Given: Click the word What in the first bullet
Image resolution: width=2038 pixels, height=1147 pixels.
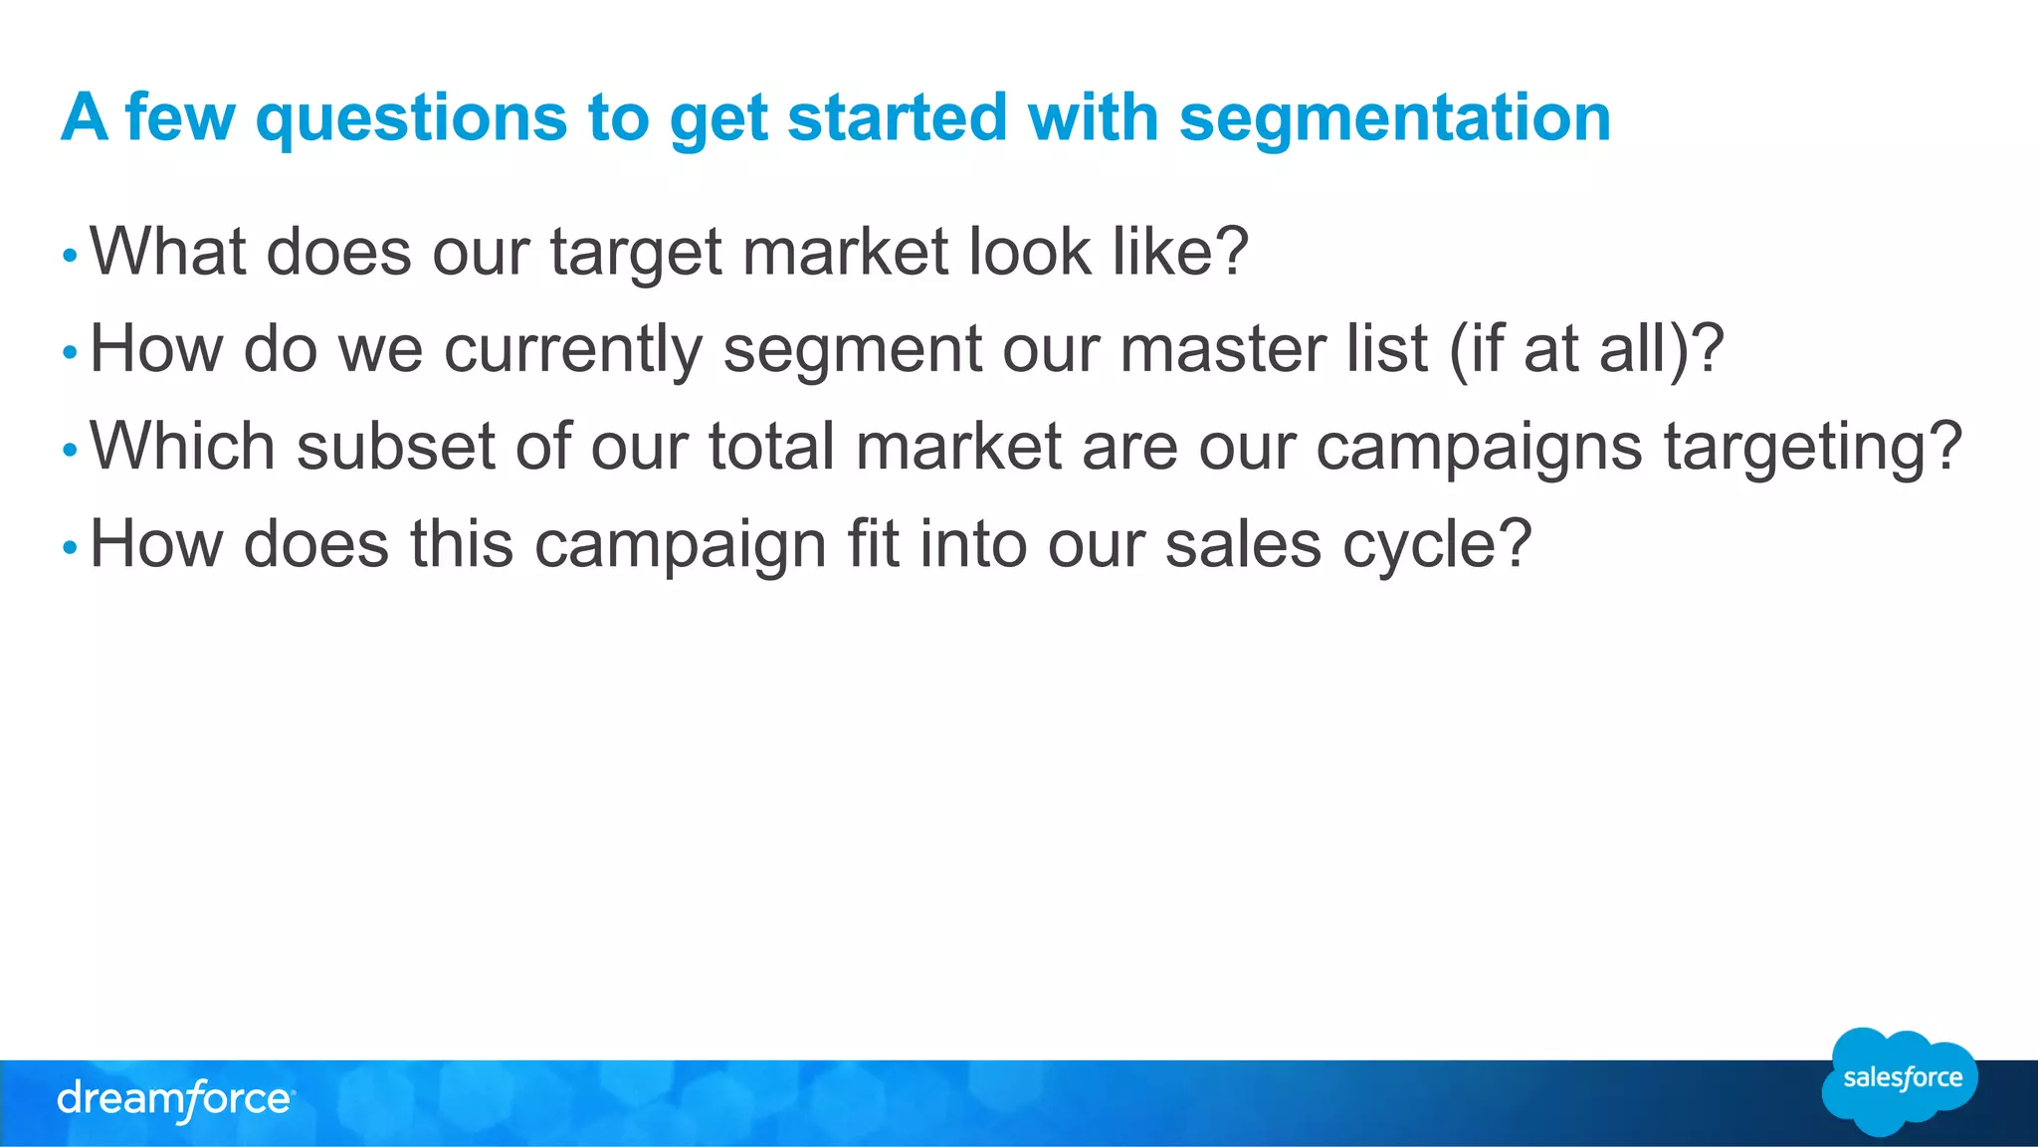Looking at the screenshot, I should click(x=168, y=251).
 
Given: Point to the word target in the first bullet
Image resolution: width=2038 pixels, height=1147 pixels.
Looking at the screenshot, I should click(x=636, y=253).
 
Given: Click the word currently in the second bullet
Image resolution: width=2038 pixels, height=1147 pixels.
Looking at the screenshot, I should click(x=572, y=350).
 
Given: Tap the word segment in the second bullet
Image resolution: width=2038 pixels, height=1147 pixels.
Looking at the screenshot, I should click(x=852, y=350).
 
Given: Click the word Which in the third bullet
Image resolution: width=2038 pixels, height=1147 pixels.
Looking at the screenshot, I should click(x=182, y=446).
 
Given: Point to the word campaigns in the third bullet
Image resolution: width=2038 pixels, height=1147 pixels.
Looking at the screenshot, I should click(x=1479, y=448).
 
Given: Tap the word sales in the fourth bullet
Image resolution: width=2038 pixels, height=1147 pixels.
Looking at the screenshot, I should click(x=1242, y=544).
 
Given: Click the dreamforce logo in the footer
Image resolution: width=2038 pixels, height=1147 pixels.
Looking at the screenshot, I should click(x=175, y=1100).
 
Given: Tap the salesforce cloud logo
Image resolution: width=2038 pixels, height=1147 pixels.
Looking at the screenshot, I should click(x=1901, y=1080).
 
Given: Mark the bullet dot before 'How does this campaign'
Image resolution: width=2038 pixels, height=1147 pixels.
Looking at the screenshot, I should click(x=69, y=547).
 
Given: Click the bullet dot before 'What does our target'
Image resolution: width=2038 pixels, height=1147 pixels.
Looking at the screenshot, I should click(x=69, y=256).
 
